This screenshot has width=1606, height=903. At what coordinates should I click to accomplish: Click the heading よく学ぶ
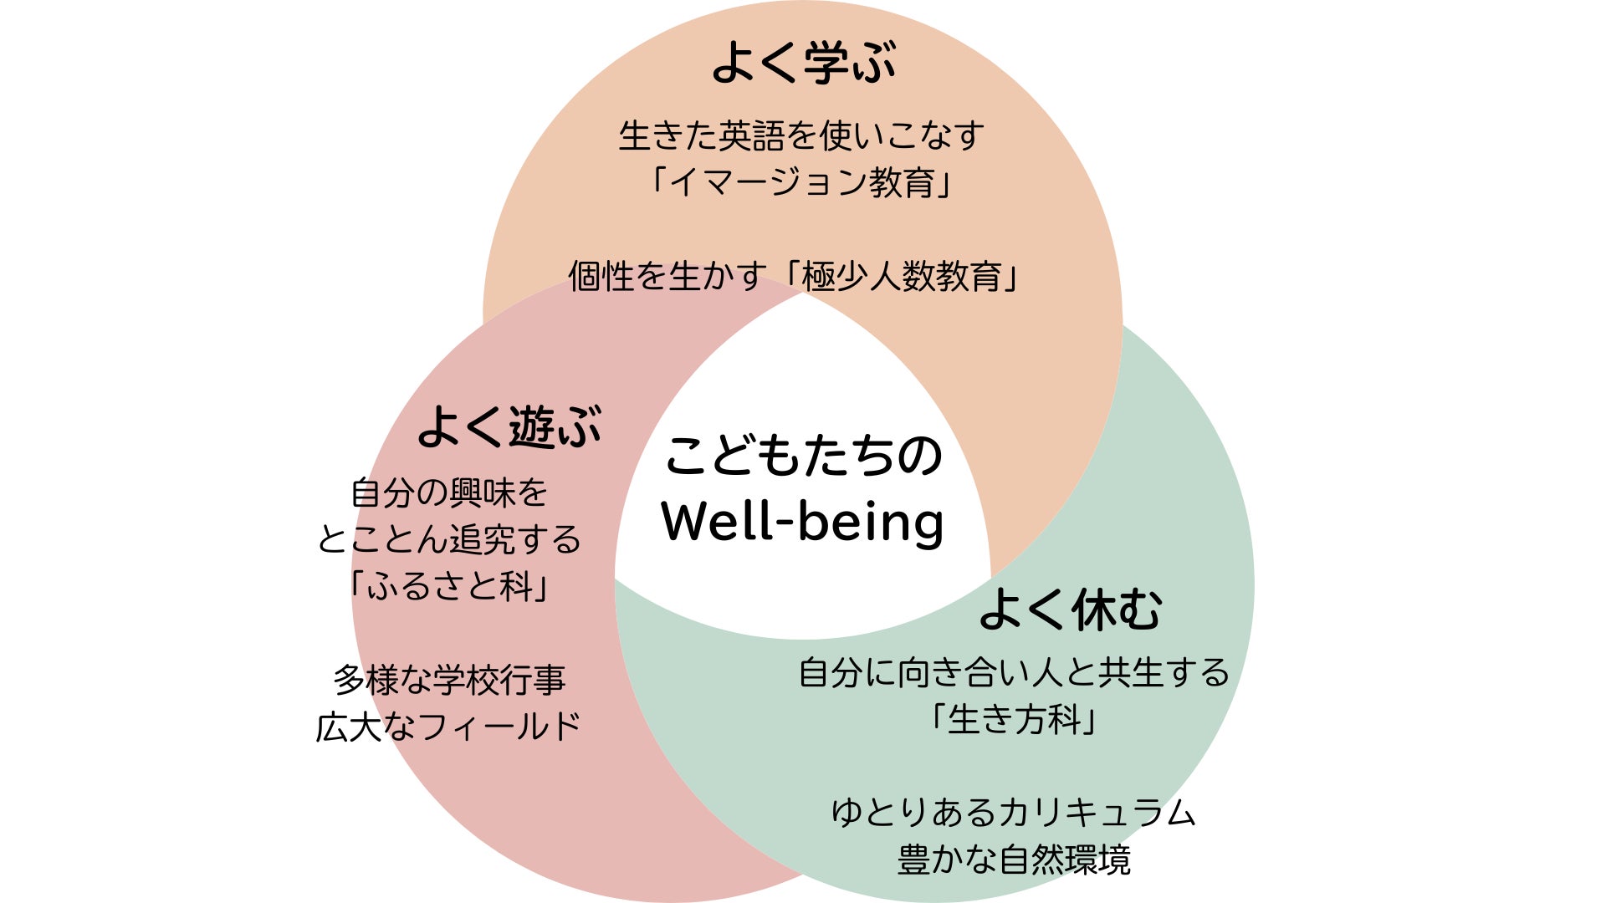(803, 63)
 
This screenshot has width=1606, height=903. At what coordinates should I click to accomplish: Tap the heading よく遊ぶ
(509, 427)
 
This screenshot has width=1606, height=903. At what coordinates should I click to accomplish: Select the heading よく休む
(1070, 610)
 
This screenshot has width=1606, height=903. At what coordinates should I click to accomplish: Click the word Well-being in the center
(802, 522)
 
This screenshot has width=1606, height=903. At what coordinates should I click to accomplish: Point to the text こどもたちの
(803, 456)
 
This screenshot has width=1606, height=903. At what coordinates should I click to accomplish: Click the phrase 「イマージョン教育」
(801, 181)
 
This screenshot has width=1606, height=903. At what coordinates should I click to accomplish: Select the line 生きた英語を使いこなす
(801, 135)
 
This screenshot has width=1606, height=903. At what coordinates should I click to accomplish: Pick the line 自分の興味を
(449, 492)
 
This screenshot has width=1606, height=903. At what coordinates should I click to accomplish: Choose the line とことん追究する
(449, 539)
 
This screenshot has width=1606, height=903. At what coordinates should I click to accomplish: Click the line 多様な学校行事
(449, 680)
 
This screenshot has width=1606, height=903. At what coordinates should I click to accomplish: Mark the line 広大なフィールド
(449, 727)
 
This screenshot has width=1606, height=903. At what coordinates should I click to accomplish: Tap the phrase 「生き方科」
(1014, 719)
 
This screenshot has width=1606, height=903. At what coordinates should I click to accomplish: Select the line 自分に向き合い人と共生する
(1014, 672)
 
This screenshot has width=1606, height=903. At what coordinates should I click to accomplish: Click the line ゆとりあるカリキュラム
(1014, 813)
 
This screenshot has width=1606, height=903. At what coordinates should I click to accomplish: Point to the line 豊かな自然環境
(1014, 860)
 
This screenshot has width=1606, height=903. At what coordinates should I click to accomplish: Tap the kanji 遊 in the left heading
(533, 427)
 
